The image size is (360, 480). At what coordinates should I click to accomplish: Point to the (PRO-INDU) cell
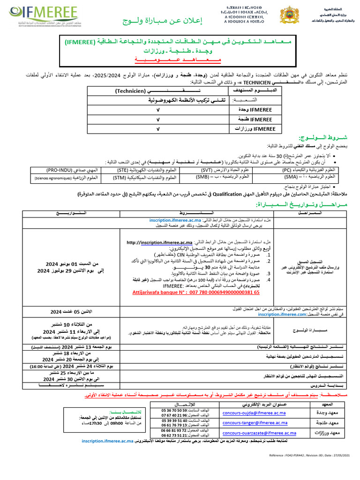65,170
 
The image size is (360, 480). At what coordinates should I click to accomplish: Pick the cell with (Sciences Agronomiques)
65,178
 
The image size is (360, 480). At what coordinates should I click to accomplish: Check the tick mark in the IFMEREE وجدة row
158,110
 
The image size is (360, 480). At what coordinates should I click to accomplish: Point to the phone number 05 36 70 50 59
175,409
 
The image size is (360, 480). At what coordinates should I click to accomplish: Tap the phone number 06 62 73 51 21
175,435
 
